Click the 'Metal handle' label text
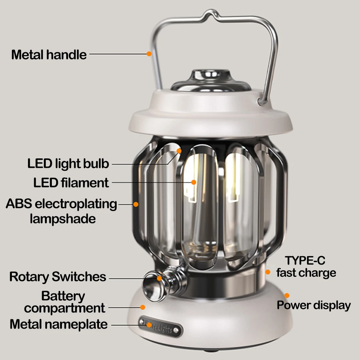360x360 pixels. (49, 55)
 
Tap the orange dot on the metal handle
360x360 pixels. (149, 54)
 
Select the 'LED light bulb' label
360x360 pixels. (68, 163)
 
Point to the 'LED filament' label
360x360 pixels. (71, 183)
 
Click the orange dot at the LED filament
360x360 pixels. (193, 182)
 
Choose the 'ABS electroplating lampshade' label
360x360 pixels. (62, 211)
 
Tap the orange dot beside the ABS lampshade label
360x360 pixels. (136, 204)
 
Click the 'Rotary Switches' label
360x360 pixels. (58, 277)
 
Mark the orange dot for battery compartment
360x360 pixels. (143, 307)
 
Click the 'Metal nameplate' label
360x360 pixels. (59, 324)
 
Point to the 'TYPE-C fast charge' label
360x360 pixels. (306, 266)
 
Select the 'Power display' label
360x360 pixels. (314, 305)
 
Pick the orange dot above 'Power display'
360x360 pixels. (287, 295)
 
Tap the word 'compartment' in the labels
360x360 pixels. (65, 309)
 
